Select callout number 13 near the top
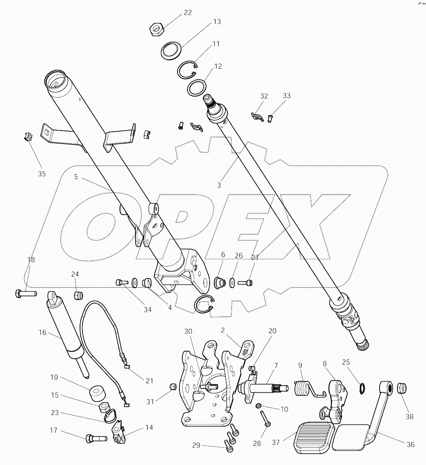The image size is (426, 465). click(x=217, y=22)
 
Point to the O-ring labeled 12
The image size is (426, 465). click(x=196, y=88)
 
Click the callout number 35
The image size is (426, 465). click(x=42, y=174)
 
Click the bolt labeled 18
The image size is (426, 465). click(x=25, y=294)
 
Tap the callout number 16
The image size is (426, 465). click(x=42, y=332)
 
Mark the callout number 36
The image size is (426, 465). click(x=411, y=444)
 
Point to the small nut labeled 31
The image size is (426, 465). click(x=172, y=386)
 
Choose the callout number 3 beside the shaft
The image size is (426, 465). click(x=219, y=184)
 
